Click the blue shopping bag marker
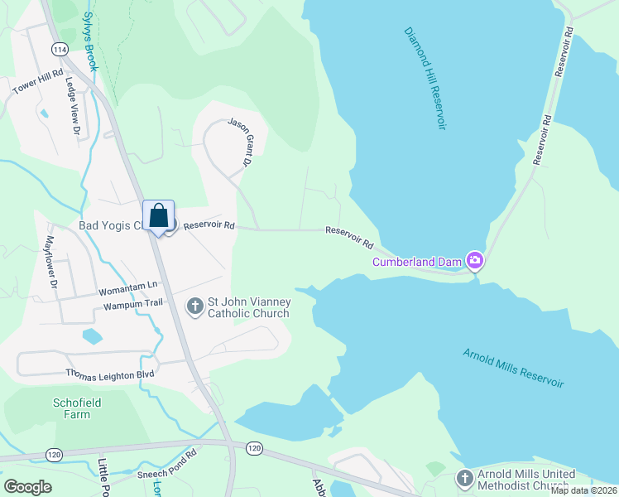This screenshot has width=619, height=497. [x=159, y=216]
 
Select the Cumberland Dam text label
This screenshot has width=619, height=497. [x=416, y=262]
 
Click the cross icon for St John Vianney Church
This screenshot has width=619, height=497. [x=195, y=307]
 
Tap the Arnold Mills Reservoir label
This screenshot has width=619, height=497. [x=513, y=369]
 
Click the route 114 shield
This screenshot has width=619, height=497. [x=59, y=51]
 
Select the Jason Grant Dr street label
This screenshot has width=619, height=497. [x=240, y=140]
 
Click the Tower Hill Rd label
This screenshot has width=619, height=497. [x=39, y=89]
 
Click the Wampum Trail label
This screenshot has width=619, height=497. [x=133, y=306]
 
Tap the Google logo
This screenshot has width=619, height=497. [x=27, y=486]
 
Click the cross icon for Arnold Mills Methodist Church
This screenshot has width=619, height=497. [x=464, y=478]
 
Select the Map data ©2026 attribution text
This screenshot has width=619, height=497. [x=583, y=490]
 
